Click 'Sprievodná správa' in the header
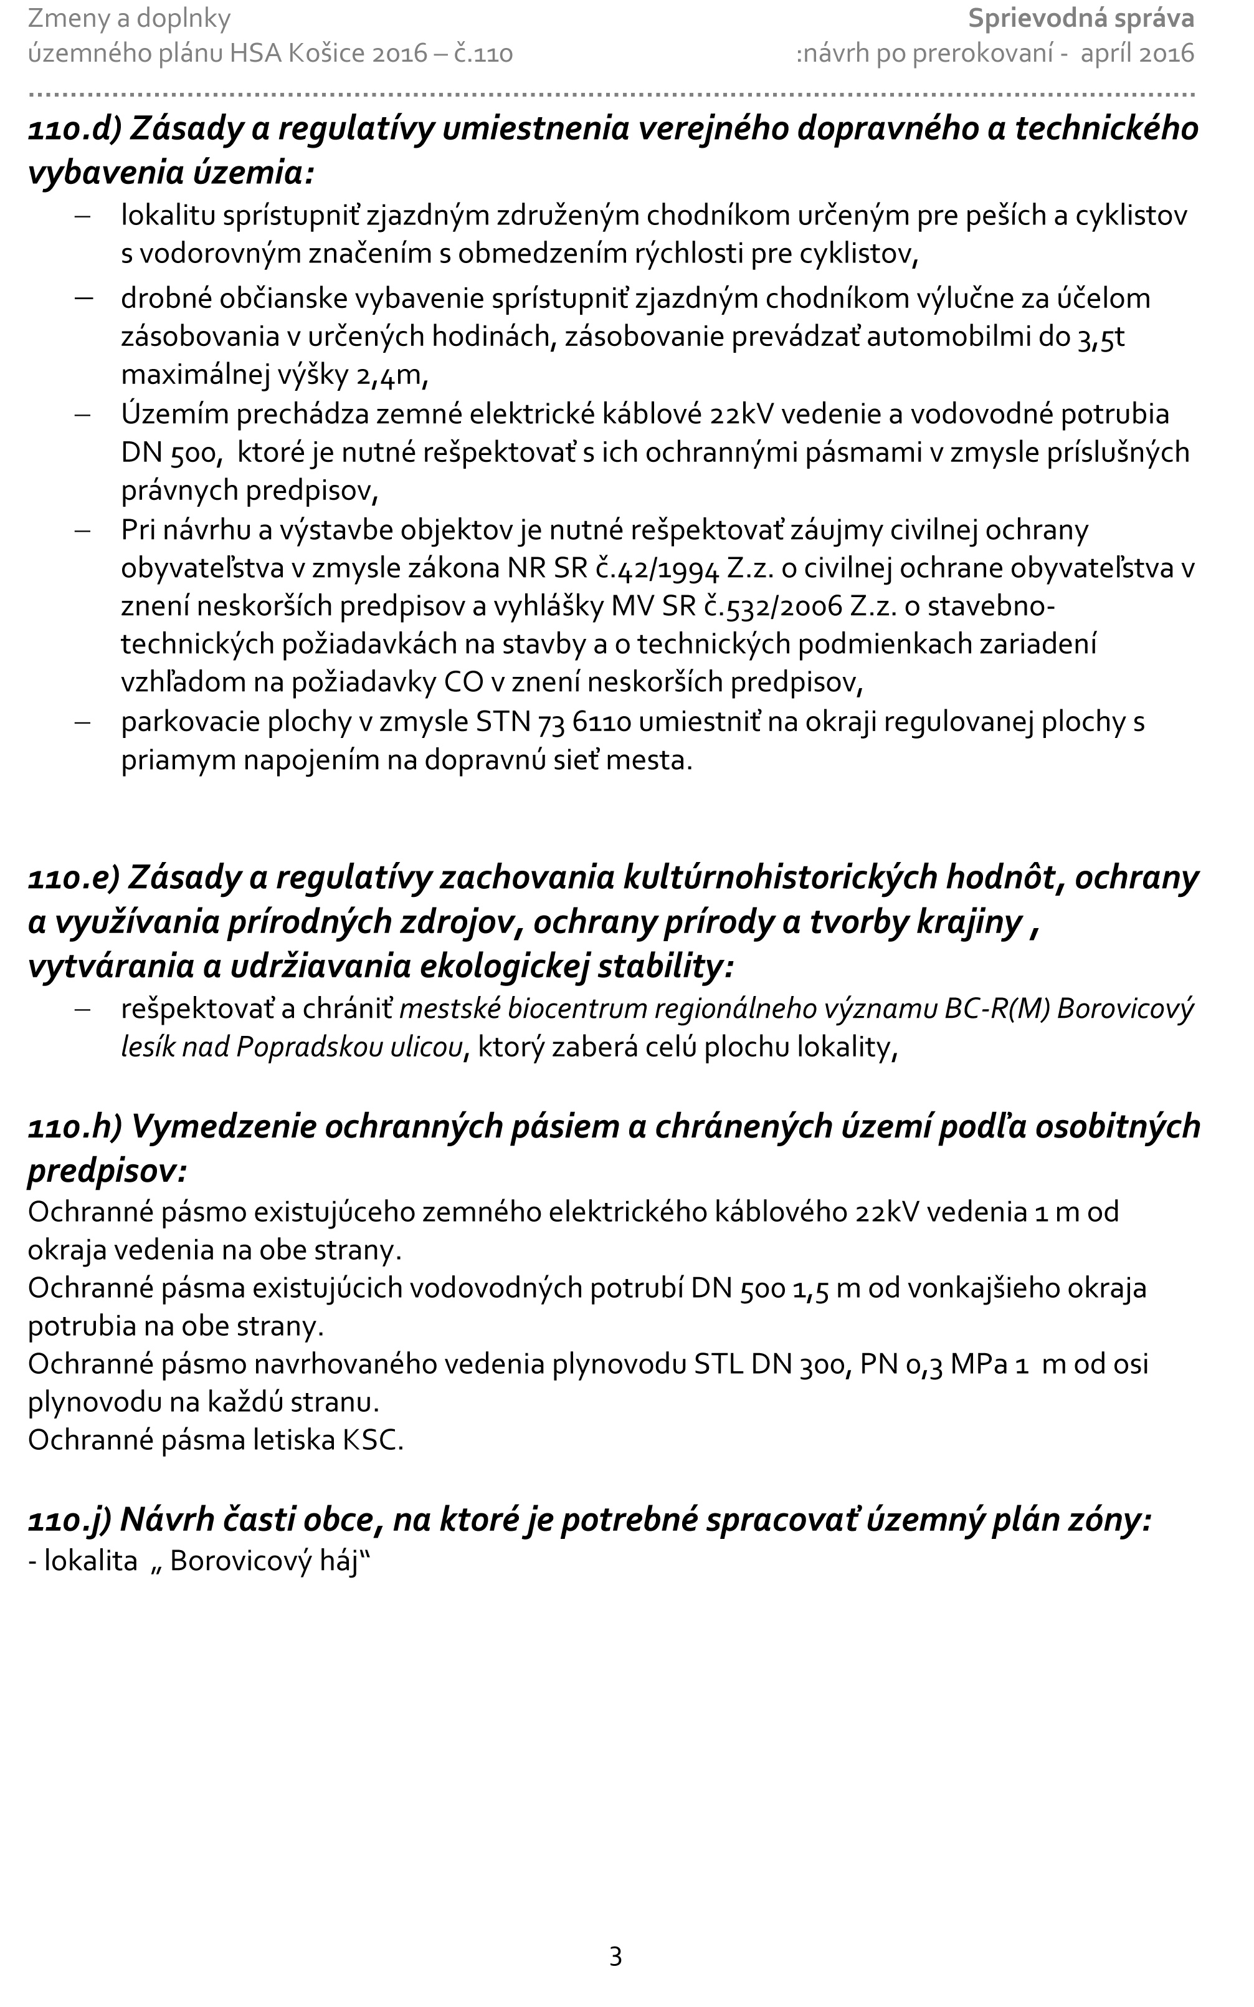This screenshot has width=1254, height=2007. [x=1081, y=18]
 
